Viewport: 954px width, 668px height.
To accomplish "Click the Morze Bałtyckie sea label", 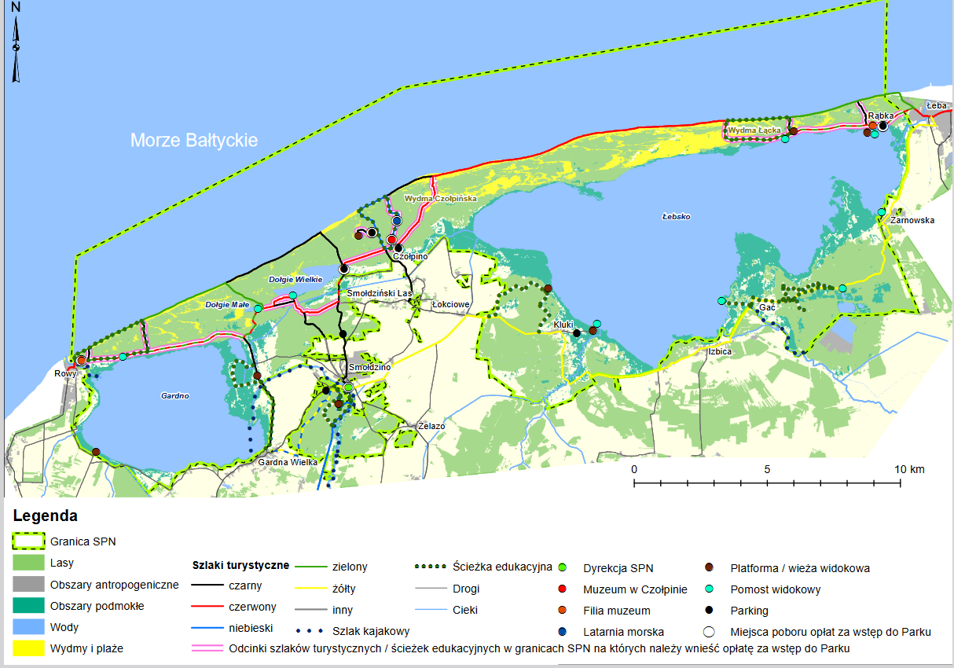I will point(194,141).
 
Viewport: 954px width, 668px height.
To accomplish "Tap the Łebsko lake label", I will point(675,215).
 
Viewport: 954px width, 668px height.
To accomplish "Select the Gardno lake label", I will point(174,396).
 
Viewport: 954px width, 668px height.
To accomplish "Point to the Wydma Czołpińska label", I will point(440,199).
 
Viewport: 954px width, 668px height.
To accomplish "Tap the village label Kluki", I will point(563,325).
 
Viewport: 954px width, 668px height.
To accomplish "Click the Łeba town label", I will point(935,105).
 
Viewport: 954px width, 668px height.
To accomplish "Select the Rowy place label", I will point(64,373).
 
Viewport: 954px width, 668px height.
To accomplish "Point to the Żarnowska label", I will point(912,221).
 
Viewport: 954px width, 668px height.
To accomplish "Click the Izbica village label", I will point(718,351).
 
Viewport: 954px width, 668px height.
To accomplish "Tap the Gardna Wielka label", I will point(288,462).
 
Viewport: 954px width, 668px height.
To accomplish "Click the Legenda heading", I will point(45,516).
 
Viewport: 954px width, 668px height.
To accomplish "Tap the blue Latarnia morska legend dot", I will point(562,632).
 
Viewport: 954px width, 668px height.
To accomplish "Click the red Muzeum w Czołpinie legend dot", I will point(562,589).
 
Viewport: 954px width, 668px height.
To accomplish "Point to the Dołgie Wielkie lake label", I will point(291,279).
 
